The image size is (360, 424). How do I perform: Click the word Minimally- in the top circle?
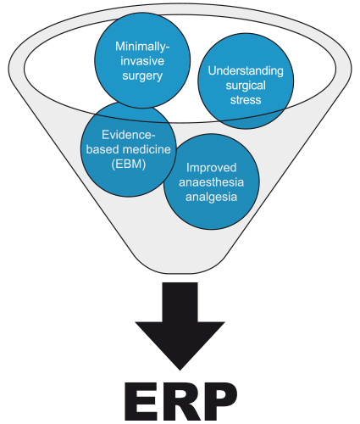(142, 47)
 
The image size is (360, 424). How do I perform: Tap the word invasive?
(142, 61)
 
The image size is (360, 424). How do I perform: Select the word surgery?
(142, 76)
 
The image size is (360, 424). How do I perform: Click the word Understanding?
(246, 70)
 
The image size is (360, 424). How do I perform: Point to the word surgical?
(246, 86)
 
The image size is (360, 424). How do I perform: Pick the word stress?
(246, 100)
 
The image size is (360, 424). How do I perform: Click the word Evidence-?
(129, 135)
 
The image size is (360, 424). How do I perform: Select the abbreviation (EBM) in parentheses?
(129, 164)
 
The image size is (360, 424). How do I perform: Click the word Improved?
(211, 168)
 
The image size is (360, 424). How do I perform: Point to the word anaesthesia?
(211, 182)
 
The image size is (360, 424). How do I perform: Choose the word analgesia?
(211, 198)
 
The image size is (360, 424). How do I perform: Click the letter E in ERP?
(141, 401)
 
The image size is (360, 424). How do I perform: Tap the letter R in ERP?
(178, 401)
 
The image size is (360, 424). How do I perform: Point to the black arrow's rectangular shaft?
(180, 302)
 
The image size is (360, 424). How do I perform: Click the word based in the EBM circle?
(101, 149)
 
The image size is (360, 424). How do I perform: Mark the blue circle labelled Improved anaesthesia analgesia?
(211, 181)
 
